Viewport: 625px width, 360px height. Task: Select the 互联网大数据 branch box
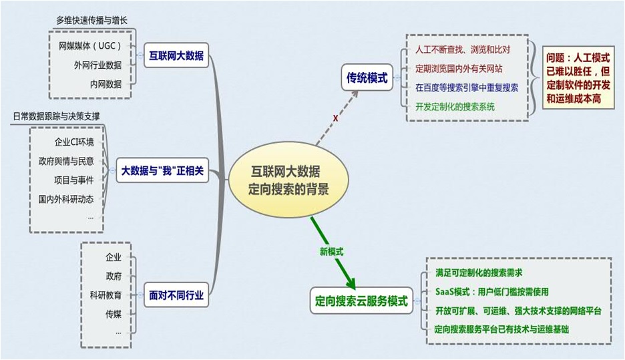[177, 55]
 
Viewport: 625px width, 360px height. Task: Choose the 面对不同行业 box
[177, 294]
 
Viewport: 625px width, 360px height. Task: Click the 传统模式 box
[367, 77]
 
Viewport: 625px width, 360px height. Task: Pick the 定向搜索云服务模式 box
[361, 301]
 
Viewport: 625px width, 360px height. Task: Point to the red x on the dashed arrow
[335, 118]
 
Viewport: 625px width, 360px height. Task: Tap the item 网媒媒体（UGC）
[90, 47]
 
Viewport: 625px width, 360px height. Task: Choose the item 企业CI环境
[74, 142]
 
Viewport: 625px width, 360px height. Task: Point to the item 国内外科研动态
[66, 198]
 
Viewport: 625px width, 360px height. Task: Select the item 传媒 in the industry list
[114, 313]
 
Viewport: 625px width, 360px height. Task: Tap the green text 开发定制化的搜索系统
[455, 106]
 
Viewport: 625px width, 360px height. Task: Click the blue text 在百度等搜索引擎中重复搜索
[467, 87]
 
